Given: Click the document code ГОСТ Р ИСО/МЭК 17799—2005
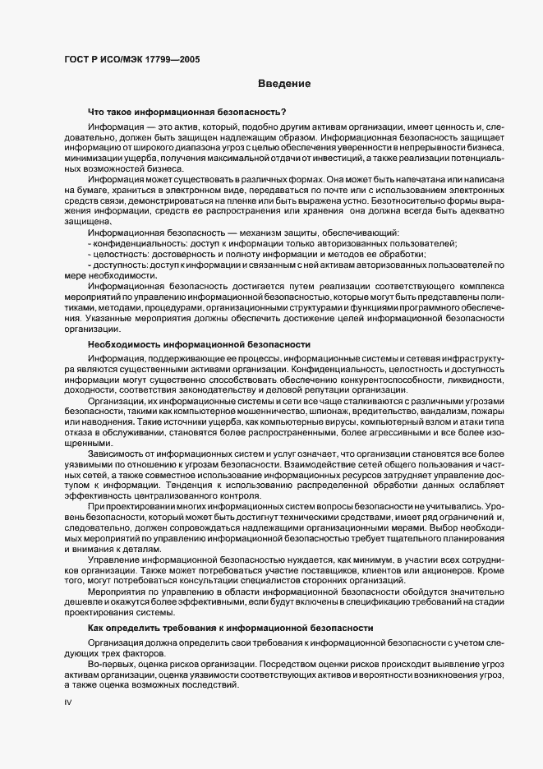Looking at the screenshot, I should (x=131, y=59).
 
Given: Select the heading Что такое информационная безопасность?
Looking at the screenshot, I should (x=186, y=112).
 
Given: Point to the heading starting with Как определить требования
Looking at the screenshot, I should (x=231, y=629).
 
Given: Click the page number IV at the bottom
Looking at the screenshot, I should (x=68, y=703).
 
